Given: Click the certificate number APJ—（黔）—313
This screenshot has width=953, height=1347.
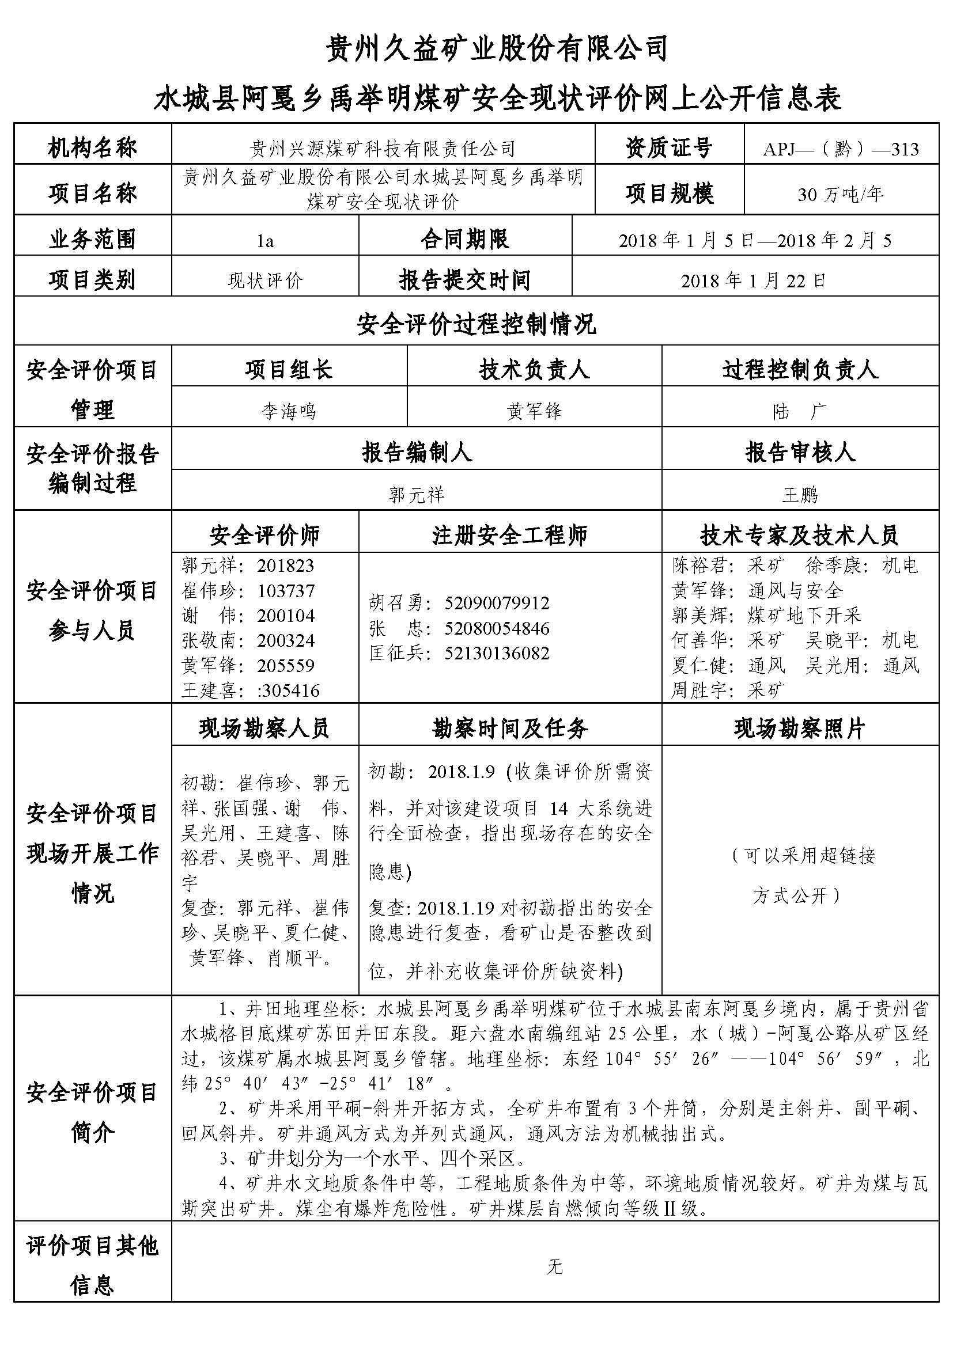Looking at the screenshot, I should click(x=840, y=149).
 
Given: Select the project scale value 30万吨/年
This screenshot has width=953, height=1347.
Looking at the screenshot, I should click(x=840, y=194).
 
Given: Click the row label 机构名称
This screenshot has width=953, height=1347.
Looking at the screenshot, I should click(x=92, y=148).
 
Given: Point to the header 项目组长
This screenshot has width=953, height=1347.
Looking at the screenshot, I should click(x=289, y=370).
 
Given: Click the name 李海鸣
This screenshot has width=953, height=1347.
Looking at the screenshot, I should click(x=289, y=411).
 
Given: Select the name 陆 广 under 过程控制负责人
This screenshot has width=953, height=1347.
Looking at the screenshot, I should click(x=799, y=411).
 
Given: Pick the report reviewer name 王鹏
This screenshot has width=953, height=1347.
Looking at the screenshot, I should click(x=799, y=495).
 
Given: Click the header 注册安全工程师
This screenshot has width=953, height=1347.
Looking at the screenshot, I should click(x=509, y=535).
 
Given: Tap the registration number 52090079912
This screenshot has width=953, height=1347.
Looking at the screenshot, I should click(x=497, y=602).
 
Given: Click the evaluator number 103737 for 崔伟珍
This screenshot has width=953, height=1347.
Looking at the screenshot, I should click(x=286, y=590).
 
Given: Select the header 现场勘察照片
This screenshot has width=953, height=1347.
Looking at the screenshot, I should click(x=799, y=728).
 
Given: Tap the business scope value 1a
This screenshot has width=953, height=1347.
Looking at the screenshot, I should click(x=265, y=241).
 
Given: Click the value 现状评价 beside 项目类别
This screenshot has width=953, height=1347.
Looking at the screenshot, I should click(x=265, y=280).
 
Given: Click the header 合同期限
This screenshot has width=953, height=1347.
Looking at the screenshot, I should click(x=465, y=240).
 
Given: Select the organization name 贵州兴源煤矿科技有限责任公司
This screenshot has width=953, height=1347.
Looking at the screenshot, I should click(x=383, y=149).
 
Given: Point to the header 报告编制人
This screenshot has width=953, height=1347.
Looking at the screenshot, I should click(x=416, y=452).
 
